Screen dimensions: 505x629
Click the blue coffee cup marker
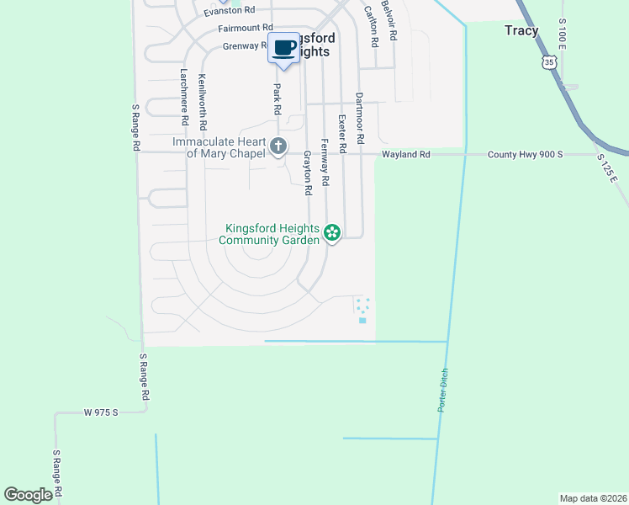[284, 47]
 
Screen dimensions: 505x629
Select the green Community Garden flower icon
[332, 232]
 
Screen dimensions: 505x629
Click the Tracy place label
[521, 30]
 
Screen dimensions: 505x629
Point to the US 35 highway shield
[550, 62]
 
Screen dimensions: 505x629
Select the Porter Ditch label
[441, 391]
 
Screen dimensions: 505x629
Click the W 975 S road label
[101, 412]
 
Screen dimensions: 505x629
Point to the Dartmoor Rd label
[360, 117]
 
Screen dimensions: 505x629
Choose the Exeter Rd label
[342, 134]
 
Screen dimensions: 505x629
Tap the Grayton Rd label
[307, 173]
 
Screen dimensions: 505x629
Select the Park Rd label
[277, 98]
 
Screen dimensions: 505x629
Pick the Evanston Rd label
[229, 10]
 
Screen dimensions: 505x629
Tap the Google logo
[29, 495]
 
